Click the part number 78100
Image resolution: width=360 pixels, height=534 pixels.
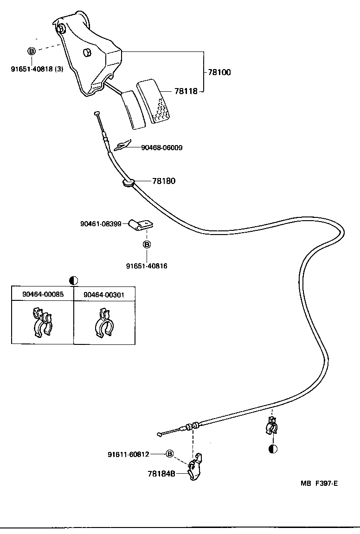click(x=219, y=72)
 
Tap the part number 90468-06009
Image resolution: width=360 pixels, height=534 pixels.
click(x=161, y=148)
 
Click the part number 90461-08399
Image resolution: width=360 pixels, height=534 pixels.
click(x=101, y=224)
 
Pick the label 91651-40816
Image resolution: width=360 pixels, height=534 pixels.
click(x=147, y=266)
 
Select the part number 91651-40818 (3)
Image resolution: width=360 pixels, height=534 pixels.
click(x=37, y=69)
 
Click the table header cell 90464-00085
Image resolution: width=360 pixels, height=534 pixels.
click(x=43, y=294)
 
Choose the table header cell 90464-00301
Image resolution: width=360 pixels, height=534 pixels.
click(x=104, y=294)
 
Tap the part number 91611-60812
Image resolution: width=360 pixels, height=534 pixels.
click(x=128, y=454)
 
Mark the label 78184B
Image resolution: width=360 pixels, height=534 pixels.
click(x=161, y=474)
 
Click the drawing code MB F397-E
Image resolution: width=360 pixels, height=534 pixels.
click(x=319, y=483)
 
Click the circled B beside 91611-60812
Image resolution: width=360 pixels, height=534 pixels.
click(x=170, y=454)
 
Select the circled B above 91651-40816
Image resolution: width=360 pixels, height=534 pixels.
click(x=147, y=244)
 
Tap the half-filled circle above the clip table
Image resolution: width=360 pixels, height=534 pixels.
click(x=73, y=280)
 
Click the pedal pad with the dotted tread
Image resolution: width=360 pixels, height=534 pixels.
click(x=155, y=102)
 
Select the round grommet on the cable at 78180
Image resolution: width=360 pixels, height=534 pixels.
click(x=129, y=184)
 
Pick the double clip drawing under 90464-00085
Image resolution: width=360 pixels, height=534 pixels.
click(x=42, y=322)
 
